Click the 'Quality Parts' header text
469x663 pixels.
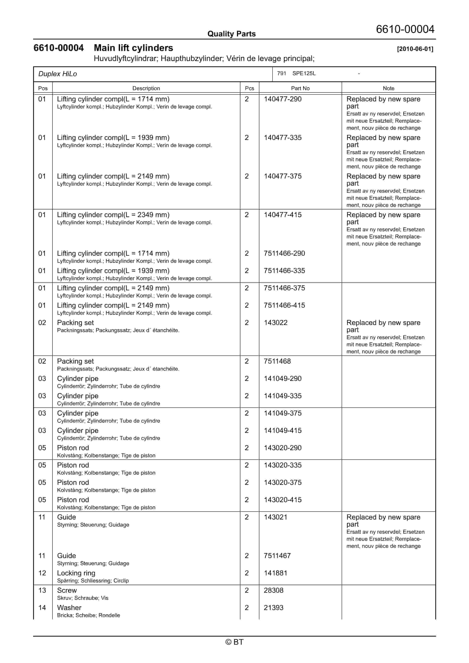[x=231, y=34]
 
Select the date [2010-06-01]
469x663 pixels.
[x=415, y=49]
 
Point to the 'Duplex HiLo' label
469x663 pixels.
[x=58, y=74]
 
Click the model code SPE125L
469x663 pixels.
[x=304, y=73]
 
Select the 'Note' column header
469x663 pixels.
[x=388, y=88]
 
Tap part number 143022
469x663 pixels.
[x=275, y=323]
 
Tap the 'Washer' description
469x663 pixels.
[x=69, y=608]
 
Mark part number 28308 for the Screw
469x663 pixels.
[x=273, y=591]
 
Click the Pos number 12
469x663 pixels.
[x=42, y=573]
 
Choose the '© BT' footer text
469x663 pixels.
[x=234, y=642]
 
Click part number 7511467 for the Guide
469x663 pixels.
[x=277, y=556]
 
